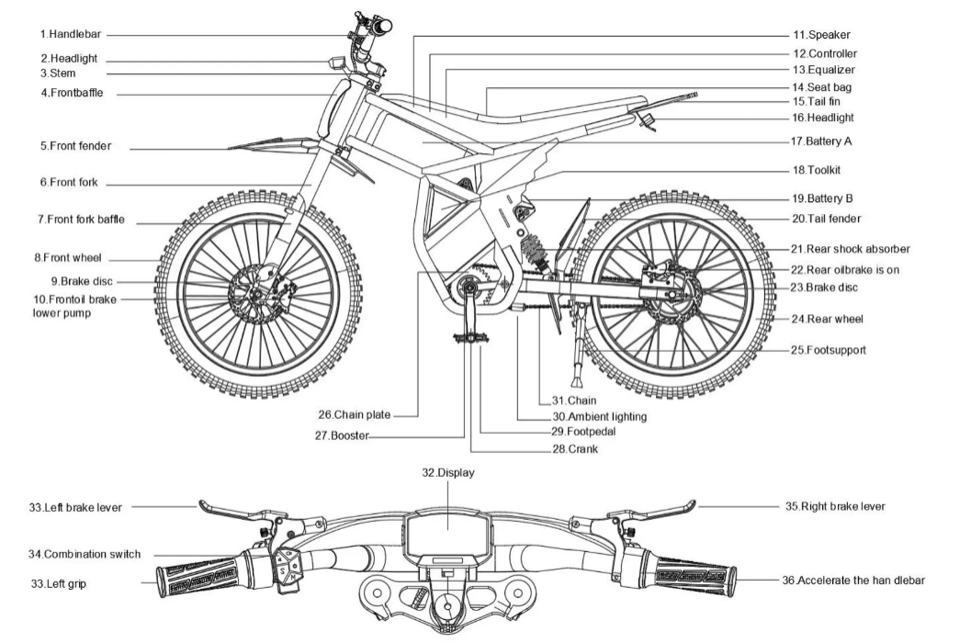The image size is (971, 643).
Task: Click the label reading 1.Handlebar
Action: [x=70, y=34]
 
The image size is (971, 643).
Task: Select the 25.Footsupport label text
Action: [x=829, y=350]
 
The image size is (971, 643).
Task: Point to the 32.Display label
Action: [x=448, y=472]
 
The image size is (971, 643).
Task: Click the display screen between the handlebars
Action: [x=448, y=535]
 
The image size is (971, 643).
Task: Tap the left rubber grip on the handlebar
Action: [x=198, y=578]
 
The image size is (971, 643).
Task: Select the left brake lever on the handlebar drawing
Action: [x=230, y=508]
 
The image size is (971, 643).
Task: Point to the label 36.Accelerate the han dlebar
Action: [x=860, y=581]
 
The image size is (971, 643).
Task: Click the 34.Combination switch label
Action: [x=85, y=554]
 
